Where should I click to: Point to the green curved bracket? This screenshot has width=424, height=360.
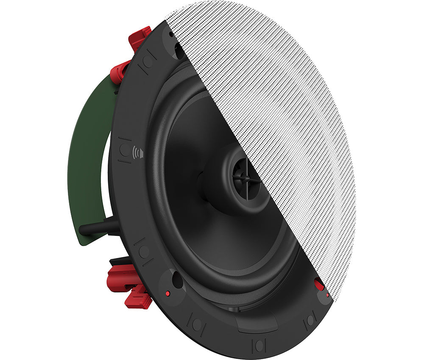[x=87, y=161]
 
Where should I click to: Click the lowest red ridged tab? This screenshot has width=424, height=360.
[x=138, y=298]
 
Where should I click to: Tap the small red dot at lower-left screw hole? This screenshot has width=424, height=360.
[x=167, y=293]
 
